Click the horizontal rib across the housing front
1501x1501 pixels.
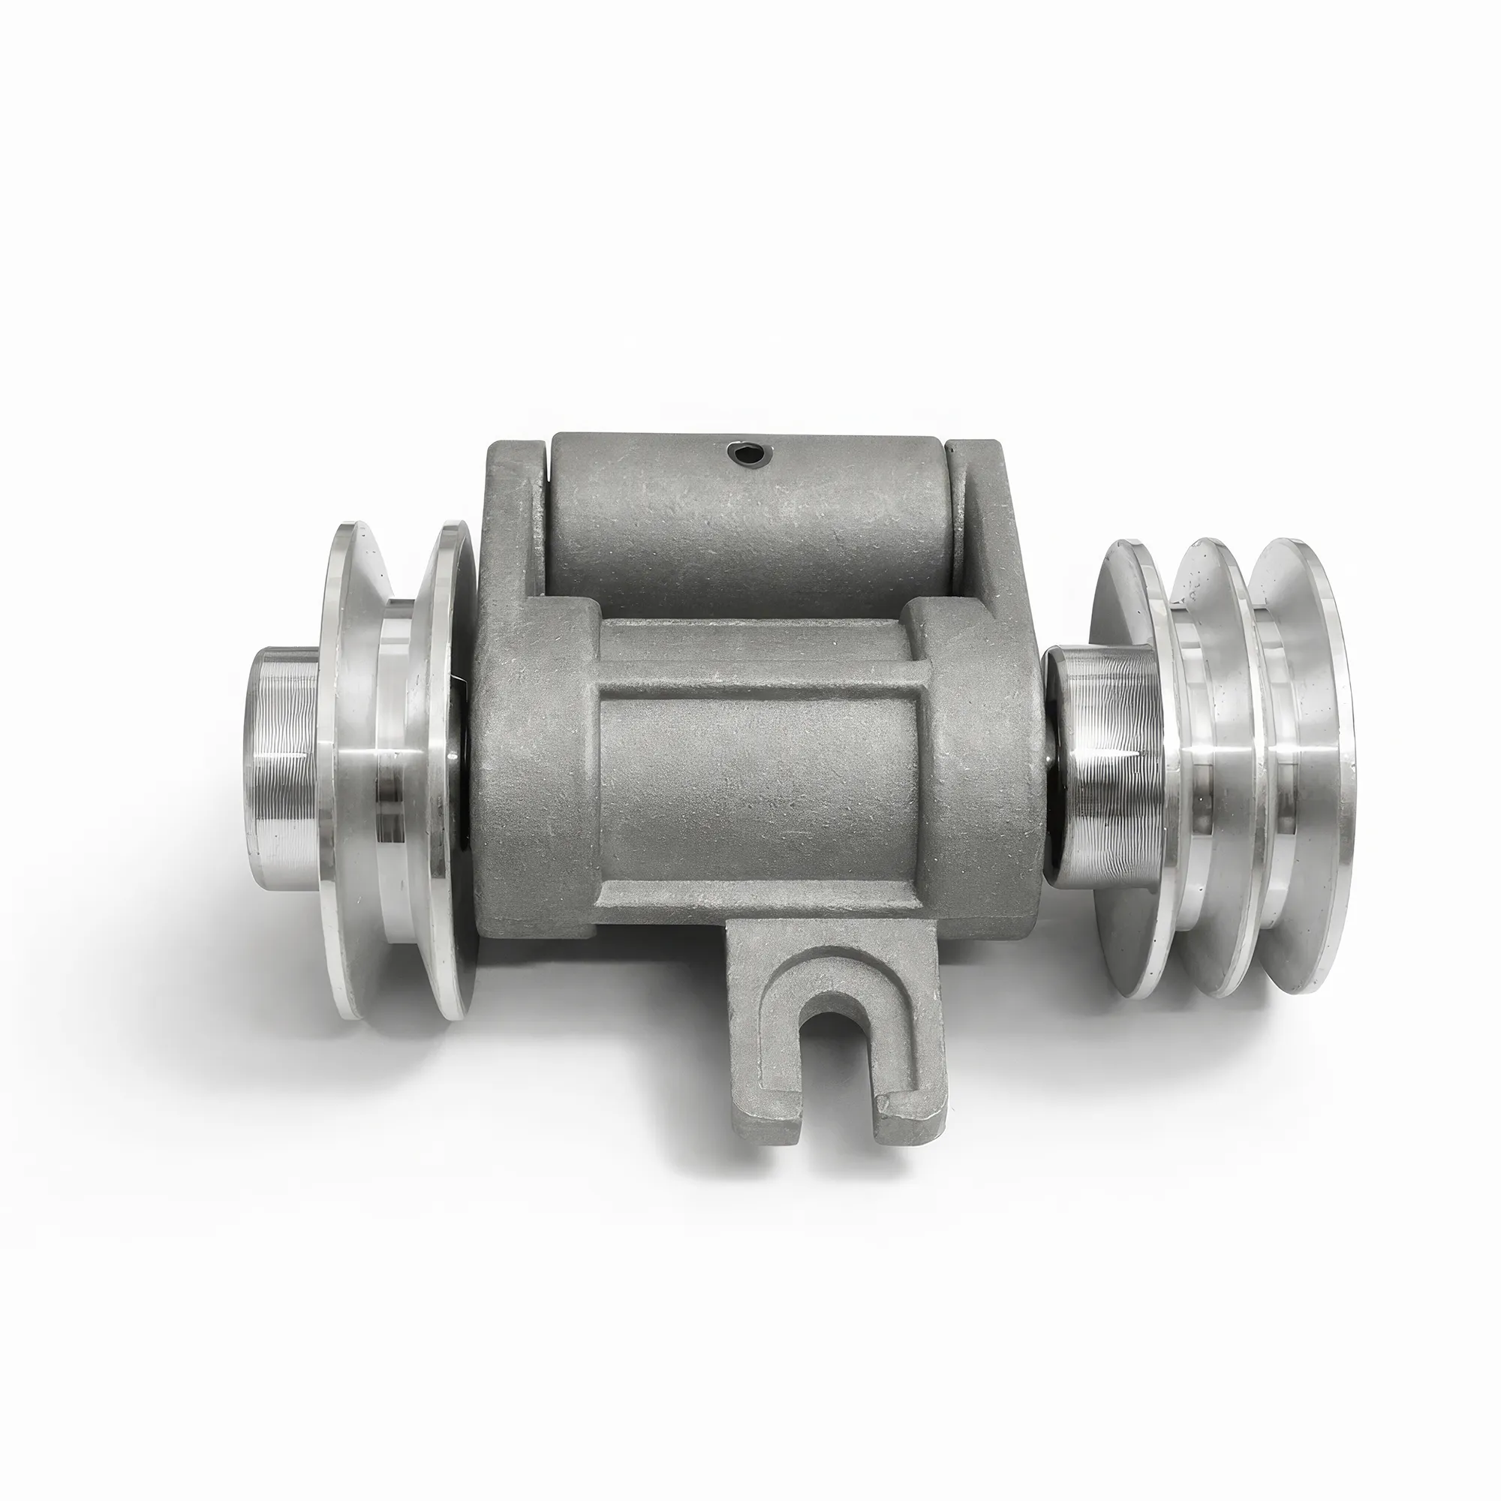click(x=757, y=668)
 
